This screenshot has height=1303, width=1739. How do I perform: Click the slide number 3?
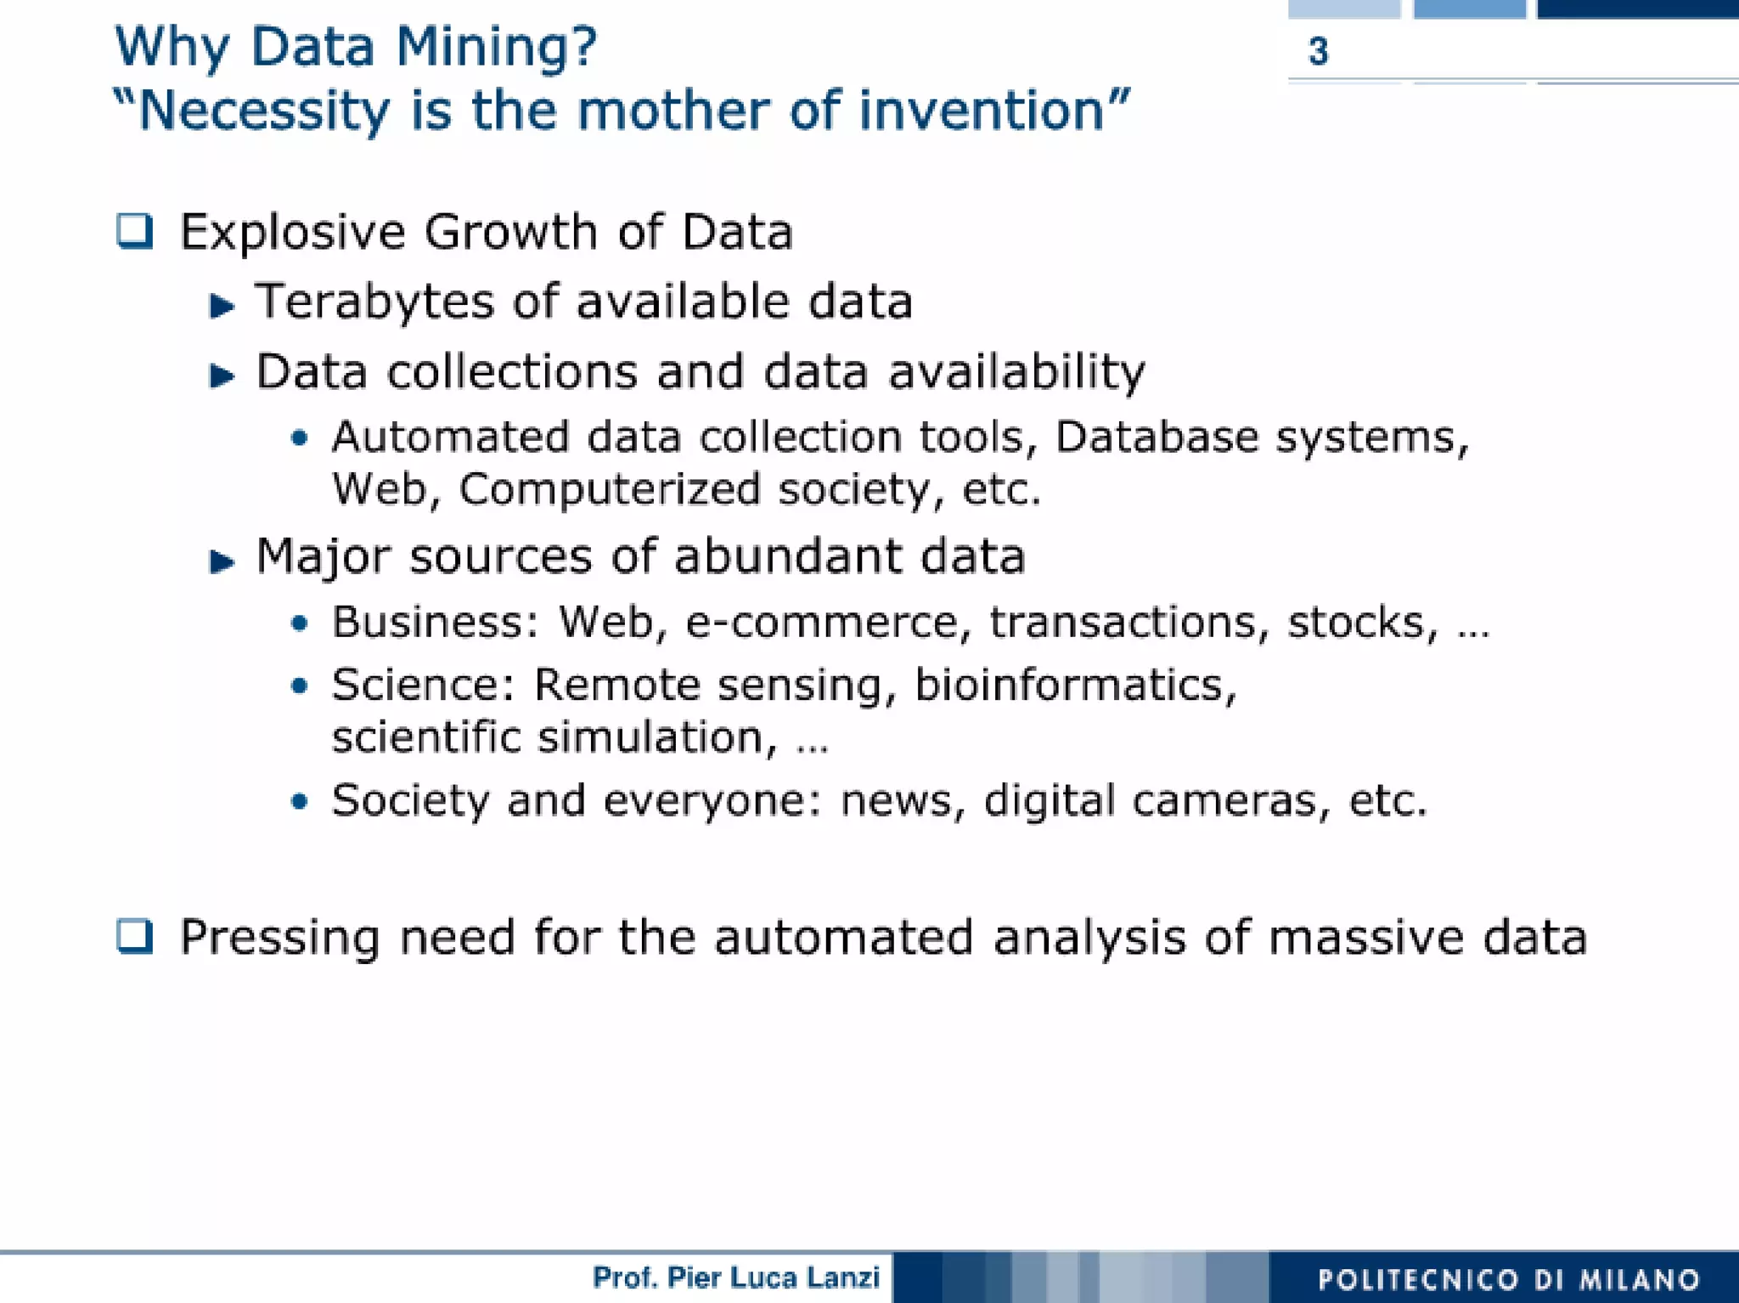coord(1318,52)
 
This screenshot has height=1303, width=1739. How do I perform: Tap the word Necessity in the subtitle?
coord(263,111)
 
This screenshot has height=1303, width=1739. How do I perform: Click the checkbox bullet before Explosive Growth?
coord(135,231)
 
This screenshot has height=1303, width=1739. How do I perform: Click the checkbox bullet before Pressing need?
coord(135,937)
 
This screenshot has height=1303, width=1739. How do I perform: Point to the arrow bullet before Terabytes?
coord(222,306)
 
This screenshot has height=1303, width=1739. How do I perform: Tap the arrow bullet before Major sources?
coord(222,561)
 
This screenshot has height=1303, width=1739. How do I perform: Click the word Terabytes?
coord(374,302)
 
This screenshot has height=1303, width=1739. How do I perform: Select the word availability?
coord(1016,373)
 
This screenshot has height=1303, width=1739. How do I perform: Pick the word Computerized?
coord(609,490)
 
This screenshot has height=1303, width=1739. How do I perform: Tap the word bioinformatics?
coord(1074,685)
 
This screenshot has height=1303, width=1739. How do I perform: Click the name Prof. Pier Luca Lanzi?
coord(735,1278)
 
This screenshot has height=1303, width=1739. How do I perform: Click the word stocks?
coord(1361,623)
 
